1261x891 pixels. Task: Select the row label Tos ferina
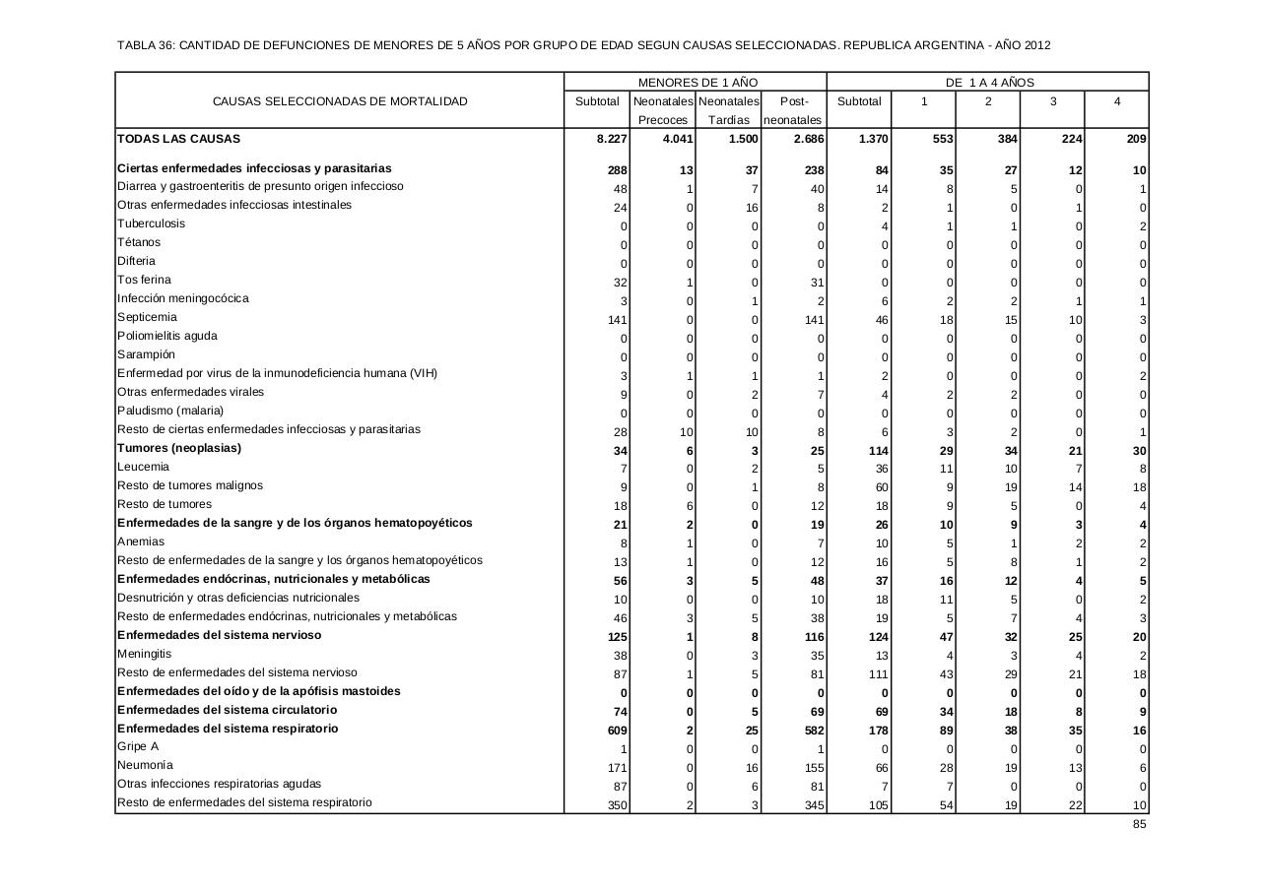(144, 280)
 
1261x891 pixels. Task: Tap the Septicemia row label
(147, 317)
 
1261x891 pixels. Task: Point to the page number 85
(1139, 824)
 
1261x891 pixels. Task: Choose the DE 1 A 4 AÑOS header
(989, 83)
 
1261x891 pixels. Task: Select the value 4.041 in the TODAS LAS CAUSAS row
(678, 140)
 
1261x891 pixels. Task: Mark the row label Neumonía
(145, 765)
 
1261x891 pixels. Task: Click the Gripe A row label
(138, 746)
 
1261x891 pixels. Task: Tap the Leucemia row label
(143, 467)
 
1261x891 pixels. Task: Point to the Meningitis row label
(144, 654)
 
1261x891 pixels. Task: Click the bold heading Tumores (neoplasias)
(179, 448)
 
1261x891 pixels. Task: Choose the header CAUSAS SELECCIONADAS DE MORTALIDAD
(340, 101)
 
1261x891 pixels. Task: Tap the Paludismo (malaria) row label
(170, 411)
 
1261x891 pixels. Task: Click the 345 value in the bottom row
(814, 805)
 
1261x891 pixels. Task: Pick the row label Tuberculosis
(151, 223)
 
